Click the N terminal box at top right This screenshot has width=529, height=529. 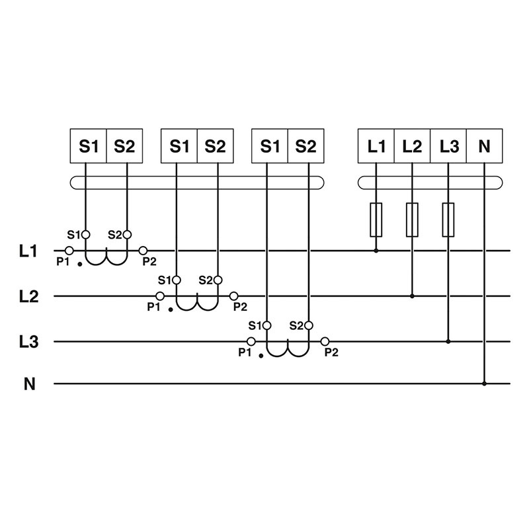[485, 145]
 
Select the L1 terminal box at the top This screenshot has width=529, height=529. [376, 145]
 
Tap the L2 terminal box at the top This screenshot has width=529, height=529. [412, 145]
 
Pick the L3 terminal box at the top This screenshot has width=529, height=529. [448, 145]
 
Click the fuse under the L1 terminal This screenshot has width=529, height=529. [376, 220]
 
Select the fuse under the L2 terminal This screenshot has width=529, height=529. [412, 220]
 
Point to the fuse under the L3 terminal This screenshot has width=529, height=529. [448, 220]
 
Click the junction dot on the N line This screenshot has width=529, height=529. [485, 384]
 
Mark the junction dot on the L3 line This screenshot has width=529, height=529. [448, 342]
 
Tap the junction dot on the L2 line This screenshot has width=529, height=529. [412, 296]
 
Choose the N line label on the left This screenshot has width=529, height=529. [29, 384]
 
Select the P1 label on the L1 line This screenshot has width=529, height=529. [63, 262]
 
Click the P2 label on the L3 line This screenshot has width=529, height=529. [331, 352]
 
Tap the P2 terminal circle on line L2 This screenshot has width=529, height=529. [233, 296]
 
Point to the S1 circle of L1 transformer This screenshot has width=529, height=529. [85, 234]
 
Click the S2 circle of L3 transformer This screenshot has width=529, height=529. [308, 325]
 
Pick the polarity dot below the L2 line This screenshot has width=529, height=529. [171, 309]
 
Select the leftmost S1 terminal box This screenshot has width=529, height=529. [89, 145]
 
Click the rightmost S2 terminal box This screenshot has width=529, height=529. [305, 145]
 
